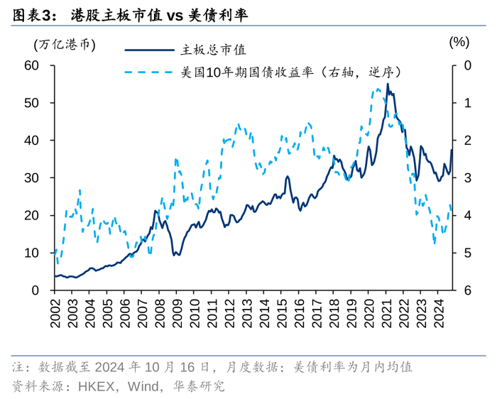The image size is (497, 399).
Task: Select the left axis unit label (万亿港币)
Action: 65,43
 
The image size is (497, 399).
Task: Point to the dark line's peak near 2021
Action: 387,84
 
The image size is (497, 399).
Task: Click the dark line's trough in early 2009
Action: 177,254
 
